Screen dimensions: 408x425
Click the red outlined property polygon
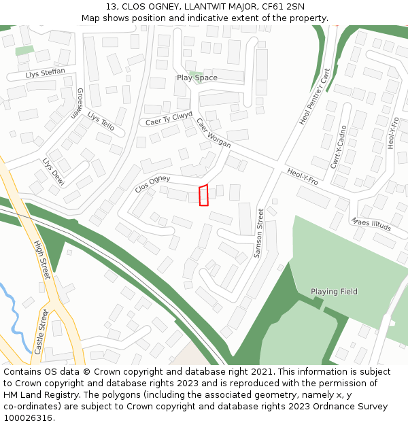click(203, 194)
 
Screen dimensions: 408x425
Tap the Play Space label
click(197, 78)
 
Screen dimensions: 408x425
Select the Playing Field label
click(334, 292)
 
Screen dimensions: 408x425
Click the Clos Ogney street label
click(152, 184)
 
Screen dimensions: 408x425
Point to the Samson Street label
click(258, 233)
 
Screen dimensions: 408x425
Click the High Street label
click(42, 258)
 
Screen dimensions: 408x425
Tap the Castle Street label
click(41, 331)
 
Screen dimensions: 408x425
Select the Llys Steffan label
click(46, 72)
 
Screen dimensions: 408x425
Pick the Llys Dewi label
click(52, 172)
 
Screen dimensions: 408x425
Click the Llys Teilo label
click(101, 121)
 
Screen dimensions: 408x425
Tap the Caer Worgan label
click(214, 133)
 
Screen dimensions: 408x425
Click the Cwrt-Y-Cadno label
click(339, 147)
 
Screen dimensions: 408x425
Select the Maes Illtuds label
click(371, 224)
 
